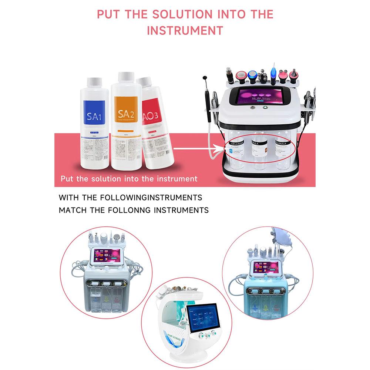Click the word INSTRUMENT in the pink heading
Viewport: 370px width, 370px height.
pyautogui.click(x=185, y=30)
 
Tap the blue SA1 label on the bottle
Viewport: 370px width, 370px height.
pyautogui.click(x=94, y=115)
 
